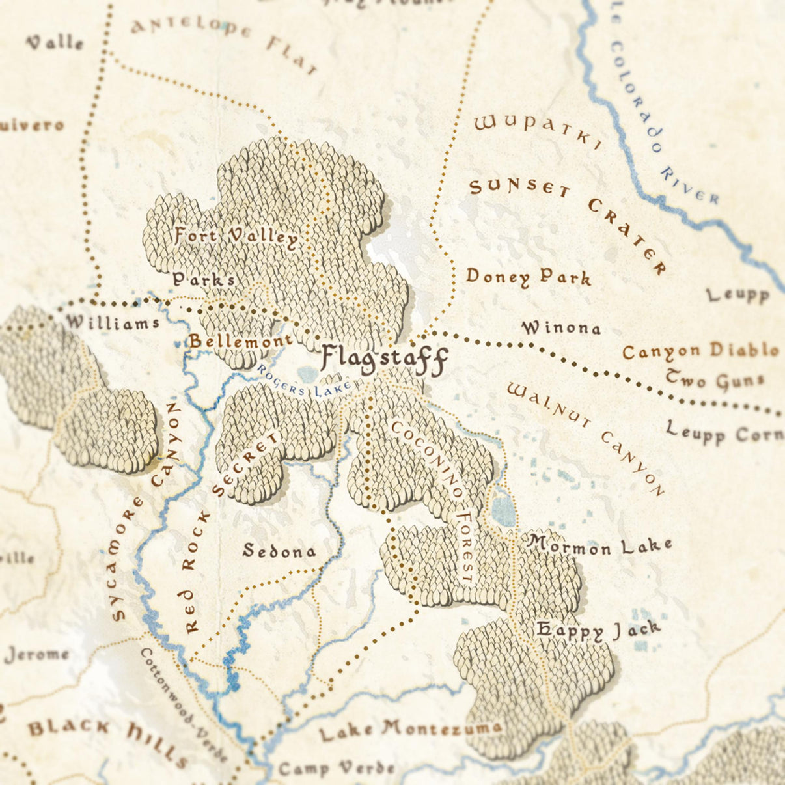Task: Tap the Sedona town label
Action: pyautogui.click(x=279, y=551)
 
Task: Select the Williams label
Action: pyautogui.click(x=112, y=322)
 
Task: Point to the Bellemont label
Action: pyautogui.click(x=240, y=341)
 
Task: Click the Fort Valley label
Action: pyautogui.click(x=236, y=236)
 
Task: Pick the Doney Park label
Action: pyautogui.click(x=528, y=277)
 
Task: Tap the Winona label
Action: pyautogui.click(x=561, y=328)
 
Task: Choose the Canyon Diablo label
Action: pyautogui.click(x=700, y=351)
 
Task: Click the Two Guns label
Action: pyautogui.click(x=713, y=379)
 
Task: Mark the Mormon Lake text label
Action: pyautogui.click(x=599, y=545)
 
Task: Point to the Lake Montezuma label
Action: pyautogui.click(x=410, y=730)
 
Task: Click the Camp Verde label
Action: pyautogui.click(x=336, y=769)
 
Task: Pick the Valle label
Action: pyautogui.click(x=55, y=43)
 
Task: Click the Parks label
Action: pyautogui.click(x=203, y=280)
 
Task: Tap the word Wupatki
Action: pyautogui.click(x=538, y=132)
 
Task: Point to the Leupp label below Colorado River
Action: pyautogui.click(x=738, y=295)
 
